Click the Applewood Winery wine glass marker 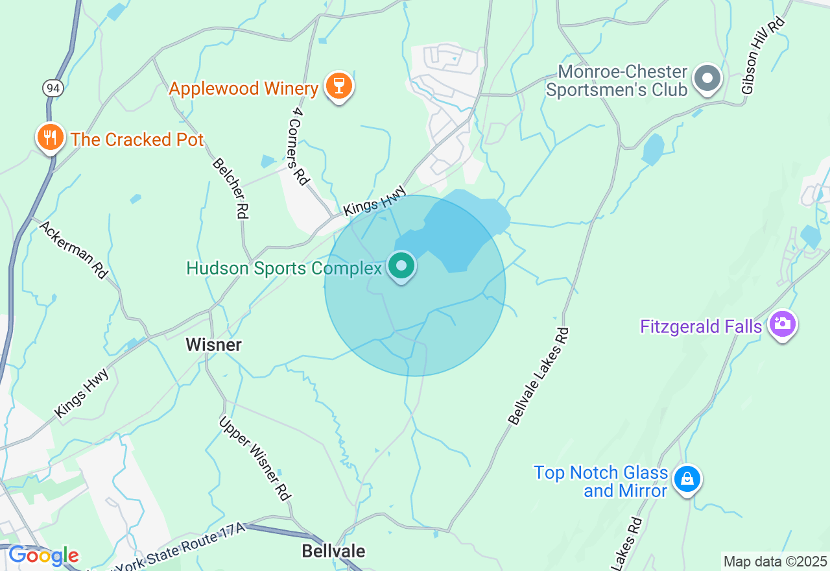(x=338, y=86)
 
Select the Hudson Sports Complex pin (x=401, y=266)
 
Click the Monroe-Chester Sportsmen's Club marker (x=707, y=79)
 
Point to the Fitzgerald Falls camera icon (x=782, y=324)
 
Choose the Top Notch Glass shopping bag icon (x=687, y=480)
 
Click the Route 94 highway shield (x=54, y=88)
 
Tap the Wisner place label (x=214, y=345)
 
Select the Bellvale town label (x=333, y=552)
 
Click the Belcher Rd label (x=230, y=187)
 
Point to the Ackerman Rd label (x=73, y=250)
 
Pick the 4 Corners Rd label (x=298, y=146)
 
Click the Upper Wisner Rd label (x=254, y=458)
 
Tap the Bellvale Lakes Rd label (x=539, y=376)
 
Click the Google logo (x=43, y=555)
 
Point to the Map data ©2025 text (x=775, y=561)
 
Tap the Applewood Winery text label (x=244, y=88)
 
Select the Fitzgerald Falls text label (x=700, y=326)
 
